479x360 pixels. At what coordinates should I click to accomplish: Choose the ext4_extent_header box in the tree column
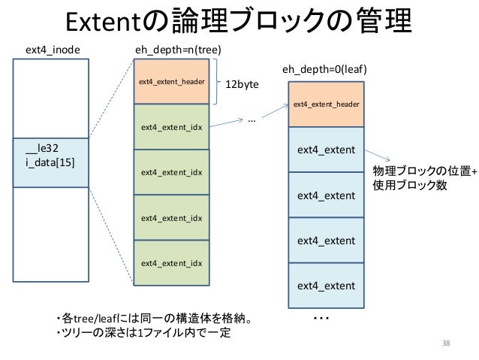[x=172, y=82]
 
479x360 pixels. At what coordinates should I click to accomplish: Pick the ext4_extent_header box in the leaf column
[x=326, y=104]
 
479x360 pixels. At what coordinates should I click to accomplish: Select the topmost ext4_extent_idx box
[x=172, y=127]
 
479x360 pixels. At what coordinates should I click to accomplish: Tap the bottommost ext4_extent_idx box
[x=172, y=263]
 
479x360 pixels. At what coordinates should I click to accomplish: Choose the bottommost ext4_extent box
[x=326, y=286]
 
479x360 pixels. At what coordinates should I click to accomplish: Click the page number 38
[x=448, y=343]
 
